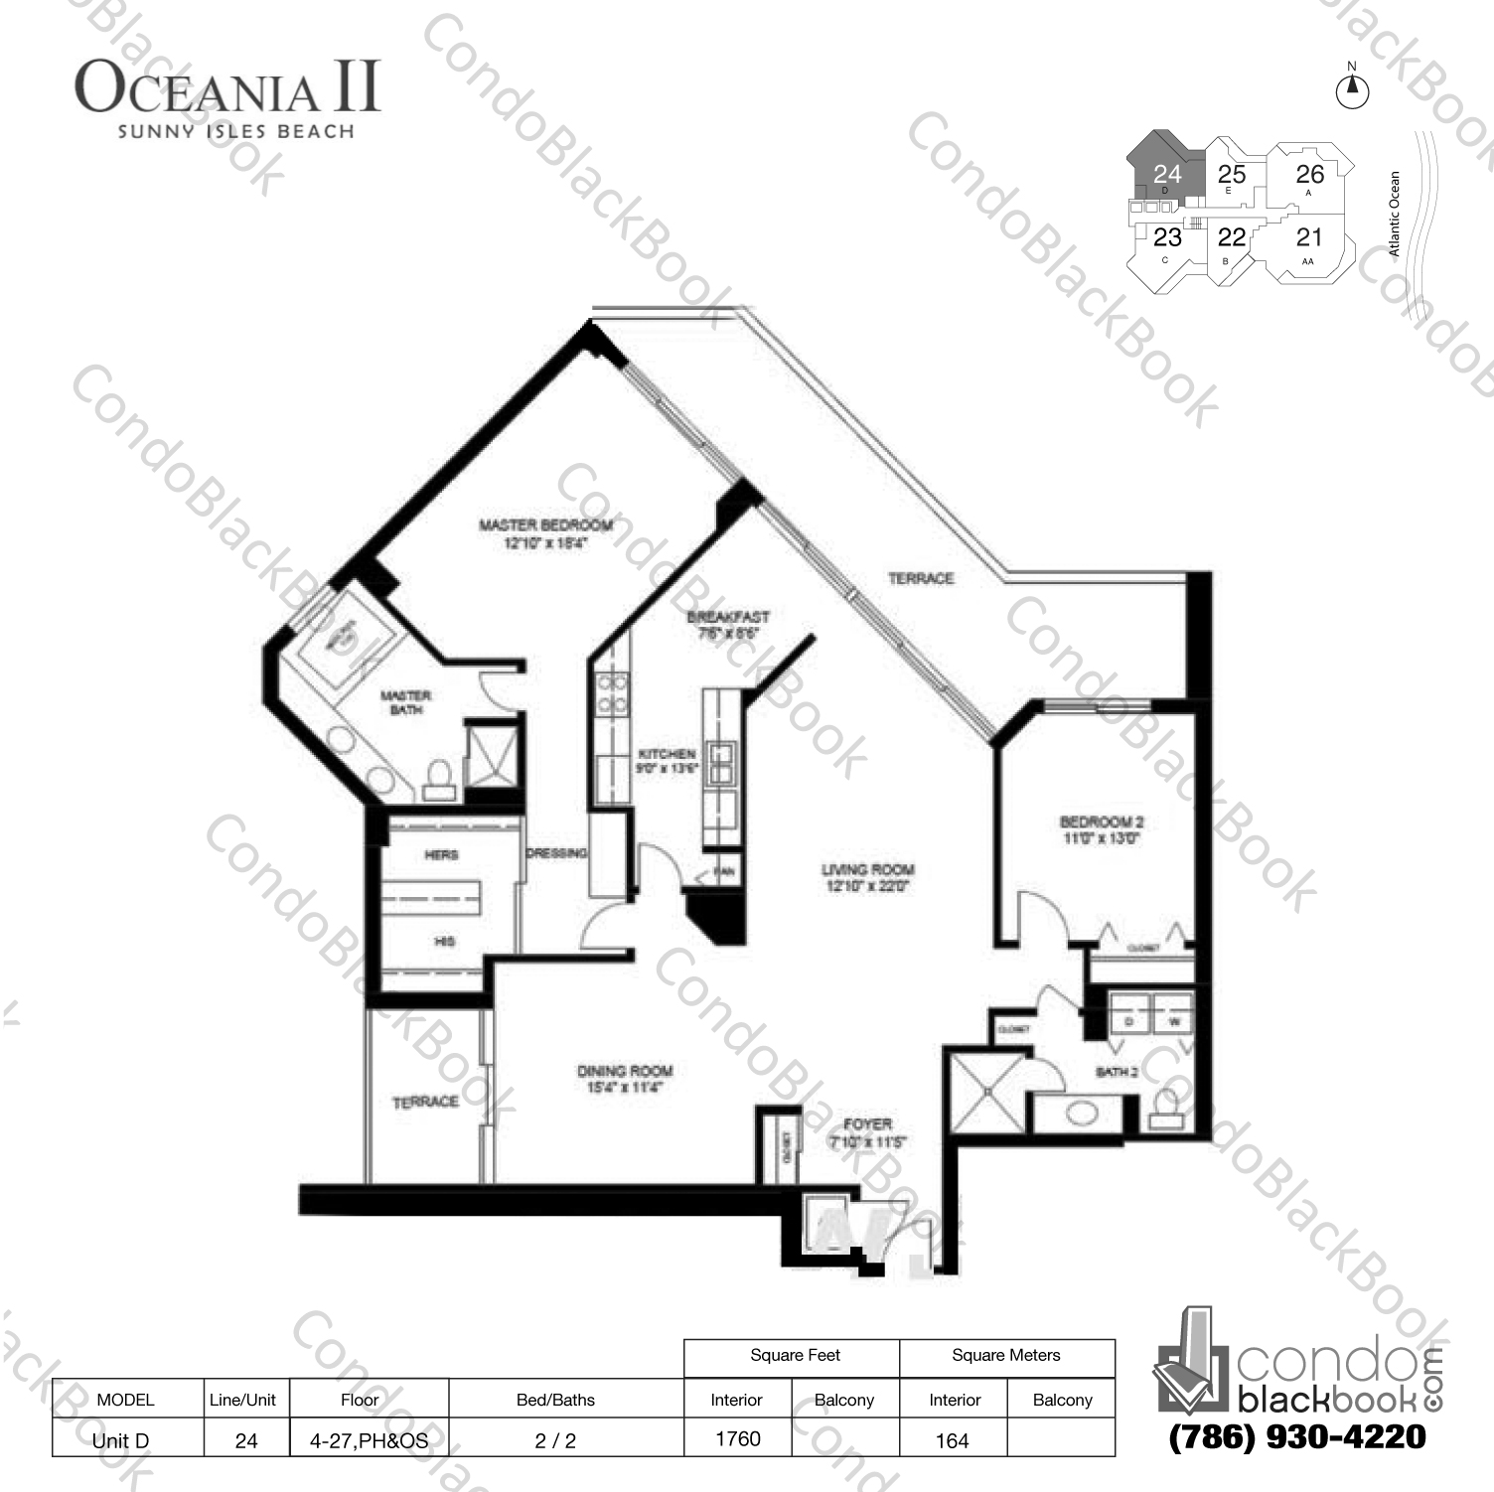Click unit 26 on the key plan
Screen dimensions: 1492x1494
tap(1309, 175)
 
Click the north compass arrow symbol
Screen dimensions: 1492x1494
tap(1351, 90)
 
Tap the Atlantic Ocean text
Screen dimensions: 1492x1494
tap(1394, 215)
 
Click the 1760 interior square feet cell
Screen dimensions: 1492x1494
tap(738, 1438)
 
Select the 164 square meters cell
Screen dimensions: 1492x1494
tap(952, 1439)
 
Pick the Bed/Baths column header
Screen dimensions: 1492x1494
tap(555, 1400)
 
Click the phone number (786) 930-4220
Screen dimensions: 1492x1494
tap(1297, 1436)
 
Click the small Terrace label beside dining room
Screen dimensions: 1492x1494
tap(425, 1102)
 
